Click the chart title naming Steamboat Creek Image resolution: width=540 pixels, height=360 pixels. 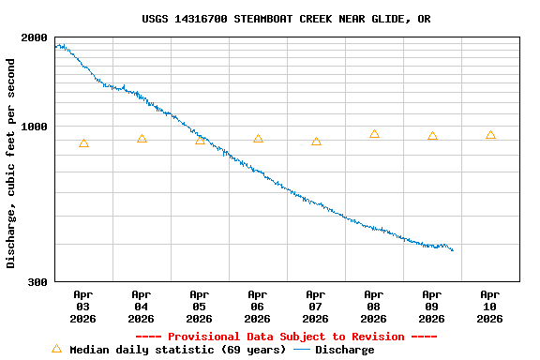pos(286,19)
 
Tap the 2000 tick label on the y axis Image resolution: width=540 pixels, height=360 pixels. pos(34,38)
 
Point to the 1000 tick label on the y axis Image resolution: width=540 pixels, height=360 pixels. pos(34,127)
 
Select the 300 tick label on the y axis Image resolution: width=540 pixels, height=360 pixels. pos(37,282)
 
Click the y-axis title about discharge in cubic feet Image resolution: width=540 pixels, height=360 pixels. pos(11,163)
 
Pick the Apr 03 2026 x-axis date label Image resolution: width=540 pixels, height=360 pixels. pos(83,307)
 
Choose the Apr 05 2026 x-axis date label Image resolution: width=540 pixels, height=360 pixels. pos(200,307)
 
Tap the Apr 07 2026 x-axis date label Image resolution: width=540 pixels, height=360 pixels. pos(316,307)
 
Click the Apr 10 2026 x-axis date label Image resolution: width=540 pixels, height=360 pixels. pos(490,307)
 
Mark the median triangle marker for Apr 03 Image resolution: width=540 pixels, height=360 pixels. pos(83,143)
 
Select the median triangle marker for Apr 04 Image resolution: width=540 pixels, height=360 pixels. pos(142,139)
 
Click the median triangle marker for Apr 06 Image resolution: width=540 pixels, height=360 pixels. pos(258,139)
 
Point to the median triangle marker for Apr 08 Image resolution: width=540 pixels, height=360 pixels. pos(374,134)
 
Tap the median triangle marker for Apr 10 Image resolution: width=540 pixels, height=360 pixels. pos(490,135)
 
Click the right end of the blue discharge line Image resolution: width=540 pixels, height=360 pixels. pos(453,250)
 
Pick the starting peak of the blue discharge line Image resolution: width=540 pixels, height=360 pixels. pos(59,44)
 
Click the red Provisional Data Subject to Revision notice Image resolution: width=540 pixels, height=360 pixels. pos(286,337)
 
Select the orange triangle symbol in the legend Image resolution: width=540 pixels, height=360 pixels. pos(56,349)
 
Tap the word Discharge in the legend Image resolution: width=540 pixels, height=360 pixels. pos(344,350)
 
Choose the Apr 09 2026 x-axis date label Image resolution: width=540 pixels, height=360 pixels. pos(432,307)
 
